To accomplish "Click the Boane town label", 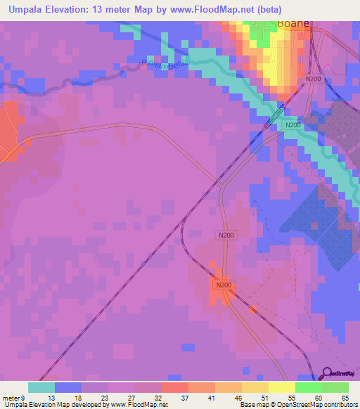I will [x=293, y=23].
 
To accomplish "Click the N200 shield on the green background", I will [x=292, y=125].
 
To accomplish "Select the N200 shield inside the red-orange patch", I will [x=224, y=285].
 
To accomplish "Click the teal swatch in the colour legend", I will [x=41, y=387].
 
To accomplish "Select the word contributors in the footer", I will [x=340, y=405].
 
